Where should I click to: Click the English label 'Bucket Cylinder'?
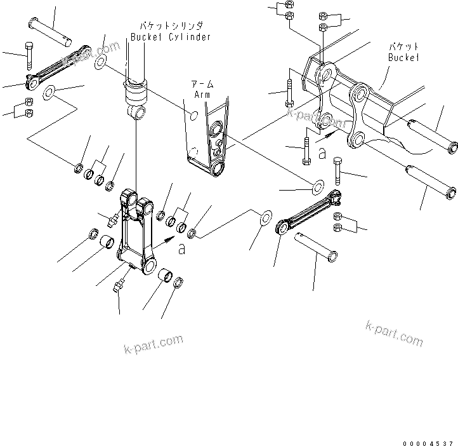point(171,37)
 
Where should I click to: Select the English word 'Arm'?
point(201,95)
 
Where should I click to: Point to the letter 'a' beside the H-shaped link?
point(182,250)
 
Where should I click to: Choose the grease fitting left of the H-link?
point(113,220)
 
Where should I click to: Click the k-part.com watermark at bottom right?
point(394,333)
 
